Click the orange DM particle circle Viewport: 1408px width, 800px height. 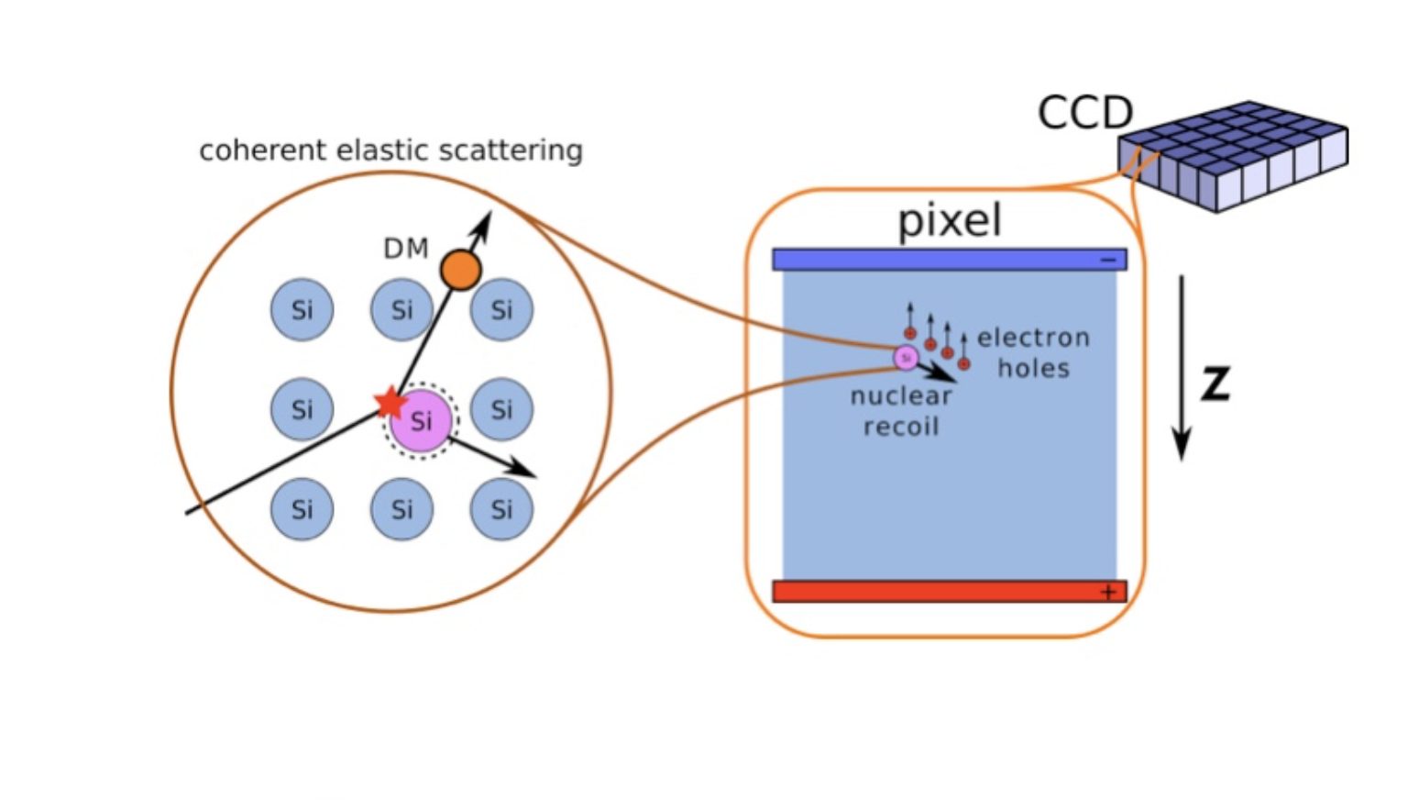click(460, 270)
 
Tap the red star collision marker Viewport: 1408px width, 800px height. click(391, 402)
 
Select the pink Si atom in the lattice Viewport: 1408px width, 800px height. click(421, 421)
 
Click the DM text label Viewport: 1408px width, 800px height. click(405, 249)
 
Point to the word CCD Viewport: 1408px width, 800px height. click(1085, 114)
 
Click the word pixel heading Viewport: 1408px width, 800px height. click(950, 220)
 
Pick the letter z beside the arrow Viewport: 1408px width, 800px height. click(1215, 383)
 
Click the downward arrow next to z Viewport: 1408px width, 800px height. click(1182, 367)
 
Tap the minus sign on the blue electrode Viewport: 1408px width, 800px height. click(1108, 261)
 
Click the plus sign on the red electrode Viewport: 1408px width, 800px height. click(1108, 593)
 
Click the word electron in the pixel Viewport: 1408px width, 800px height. click(1033, 338)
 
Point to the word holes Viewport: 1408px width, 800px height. click(1034, 369)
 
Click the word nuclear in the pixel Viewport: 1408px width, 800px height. click(901, 396)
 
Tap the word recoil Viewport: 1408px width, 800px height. click(901, 427)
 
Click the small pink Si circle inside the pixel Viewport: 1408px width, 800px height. click(906, 357)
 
